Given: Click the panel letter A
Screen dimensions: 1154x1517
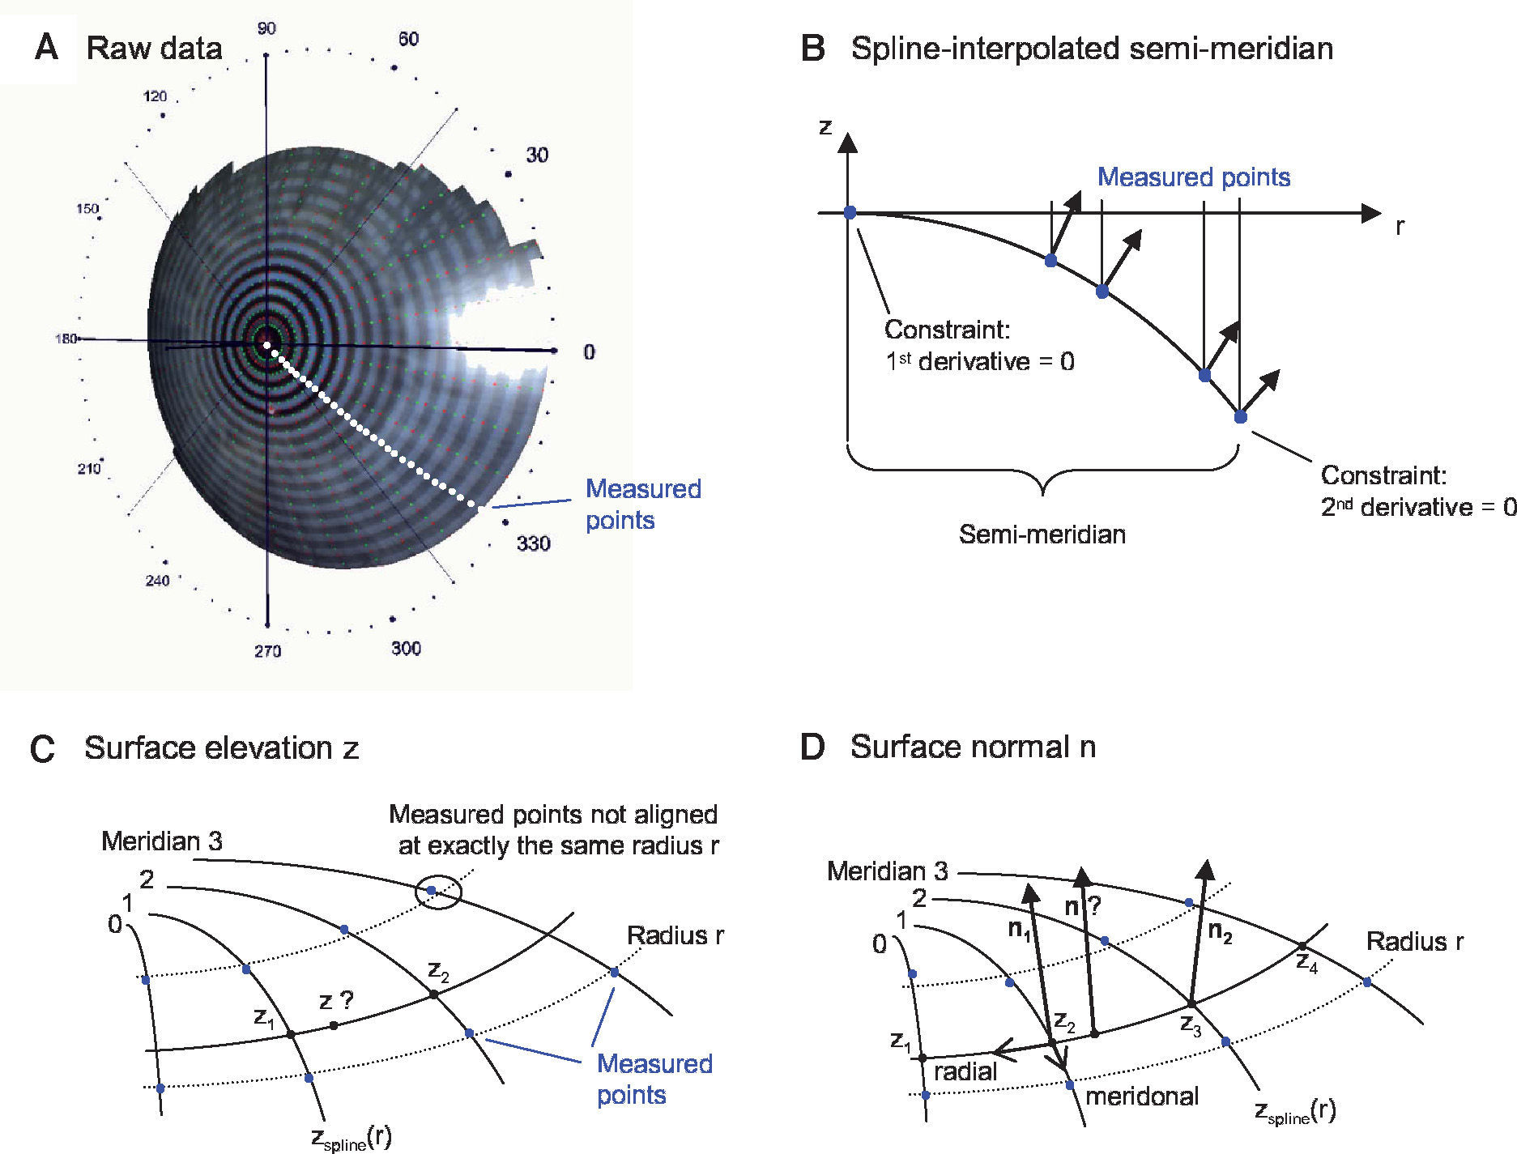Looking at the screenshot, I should (46, 48).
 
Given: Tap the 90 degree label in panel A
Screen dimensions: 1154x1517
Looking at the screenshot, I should (266, 29).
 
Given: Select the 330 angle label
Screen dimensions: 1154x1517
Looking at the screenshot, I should (533, 543).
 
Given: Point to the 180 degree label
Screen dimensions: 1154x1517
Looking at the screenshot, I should (66, 339).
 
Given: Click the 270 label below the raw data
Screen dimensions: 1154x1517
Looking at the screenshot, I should (267, 651).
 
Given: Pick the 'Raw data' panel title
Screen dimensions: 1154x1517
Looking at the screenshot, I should (154, 49).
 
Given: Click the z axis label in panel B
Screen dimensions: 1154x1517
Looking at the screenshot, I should (825, 127).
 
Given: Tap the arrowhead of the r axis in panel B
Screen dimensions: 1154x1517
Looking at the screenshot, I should (1370, 213).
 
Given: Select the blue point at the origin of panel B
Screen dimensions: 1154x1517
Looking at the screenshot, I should (850, 213).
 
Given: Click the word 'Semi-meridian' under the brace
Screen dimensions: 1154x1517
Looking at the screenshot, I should (1042, 534).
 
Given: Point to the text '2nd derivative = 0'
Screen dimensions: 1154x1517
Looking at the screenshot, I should (1418, 507).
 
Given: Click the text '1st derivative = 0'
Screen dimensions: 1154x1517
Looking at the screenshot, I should (980, 361).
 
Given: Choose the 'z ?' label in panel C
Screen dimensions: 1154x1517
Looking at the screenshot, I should (336, 1001).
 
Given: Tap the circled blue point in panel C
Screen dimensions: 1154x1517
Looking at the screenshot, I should (432, 890).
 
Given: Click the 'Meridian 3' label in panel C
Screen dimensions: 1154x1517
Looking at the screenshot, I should (162, 841).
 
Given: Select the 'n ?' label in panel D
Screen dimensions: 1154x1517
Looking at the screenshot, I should (1082, 907).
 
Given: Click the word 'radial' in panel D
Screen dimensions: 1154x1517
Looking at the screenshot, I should (965, 1072).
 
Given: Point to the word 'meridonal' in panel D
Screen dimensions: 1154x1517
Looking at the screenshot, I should (1141, 1097).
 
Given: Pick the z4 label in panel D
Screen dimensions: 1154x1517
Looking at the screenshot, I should (1306, 963).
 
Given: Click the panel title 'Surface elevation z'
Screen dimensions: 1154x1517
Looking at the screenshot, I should (221, 747).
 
